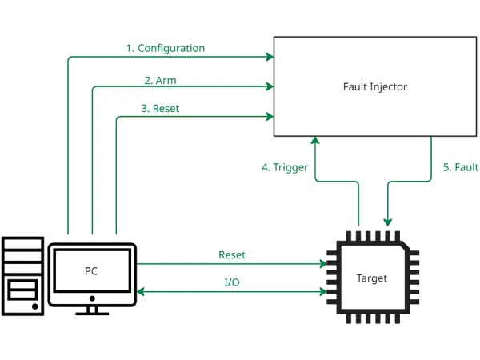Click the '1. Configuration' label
tap(165, 48)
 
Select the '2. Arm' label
tap(160, 80)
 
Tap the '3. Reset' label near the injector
tap(159, 108)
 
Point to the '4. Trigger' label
tap(285, 167)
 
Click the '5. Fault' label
tap(460, 167)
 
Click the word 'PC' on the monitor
tap(91, 271)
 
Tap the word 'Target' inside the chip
tap(371, 278)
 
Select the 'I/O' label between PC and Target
tap(231, 282)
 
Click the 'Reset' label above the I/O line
tap(232, 254)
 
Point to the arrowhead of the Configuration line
tap(270, 57)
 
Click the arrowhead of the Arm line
tap(270, 86)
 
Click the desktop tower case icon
tap(22, 275)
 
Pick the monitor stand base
tap(92, 312)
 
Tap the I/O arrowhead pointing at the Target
tap(323, 292)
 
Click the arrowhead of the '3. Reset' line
tap(270, 117)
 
